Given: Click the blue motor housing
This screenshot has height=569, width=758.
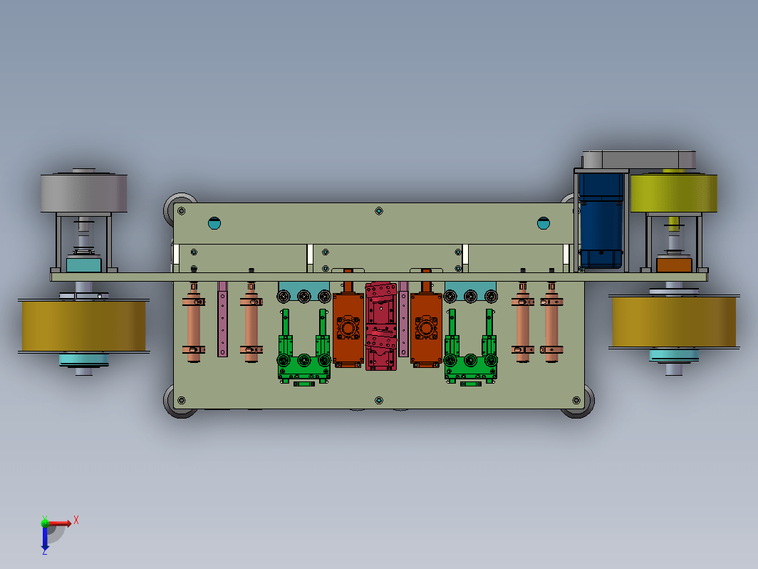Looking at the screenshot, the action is pyautogui.click(x=601, y=220).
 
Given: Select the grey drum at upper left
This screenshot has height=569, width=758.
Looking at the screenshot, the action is pyautogui.click(x=83, y=193).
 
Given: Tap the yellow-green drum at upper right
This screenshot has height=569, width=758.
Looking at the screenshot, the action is pyautogui.click(x=673, y=193).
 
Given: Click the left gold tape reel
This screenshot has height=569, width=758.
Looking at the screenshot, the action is pyautogui.click(x=83, y=326).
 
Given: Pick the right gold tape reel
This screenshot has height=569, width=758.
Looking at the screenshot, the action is pyautogui.click(x=674, y=322).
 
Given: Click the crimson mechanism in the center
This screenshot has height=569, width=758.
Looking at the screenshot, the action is pyautogui.click(x=381, y=326).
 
